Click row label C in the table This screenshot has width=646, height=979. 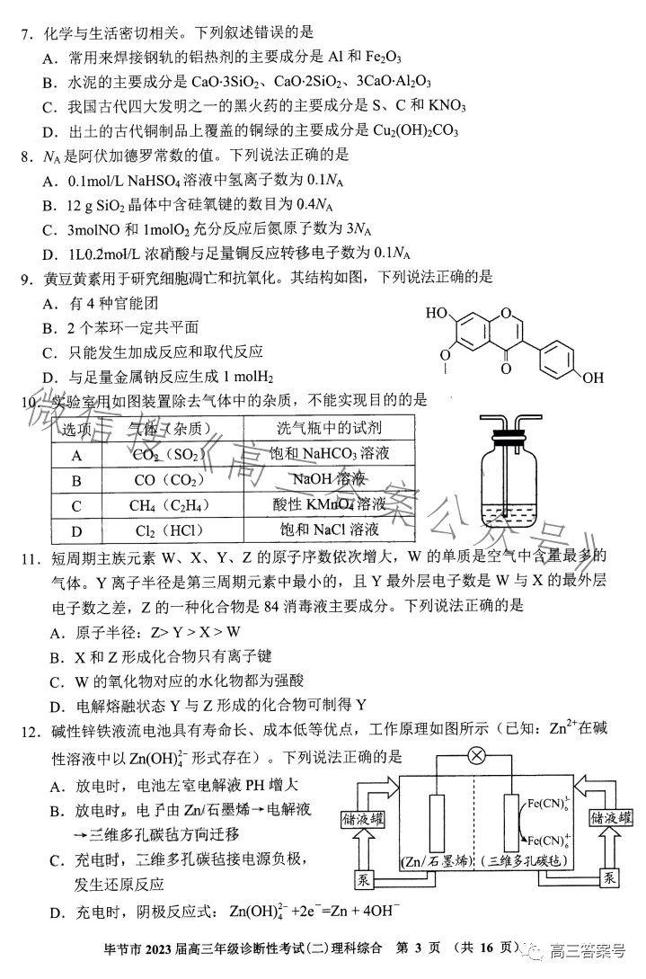[77, 504]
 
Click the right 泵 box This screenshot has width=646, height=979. [611, 877]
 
